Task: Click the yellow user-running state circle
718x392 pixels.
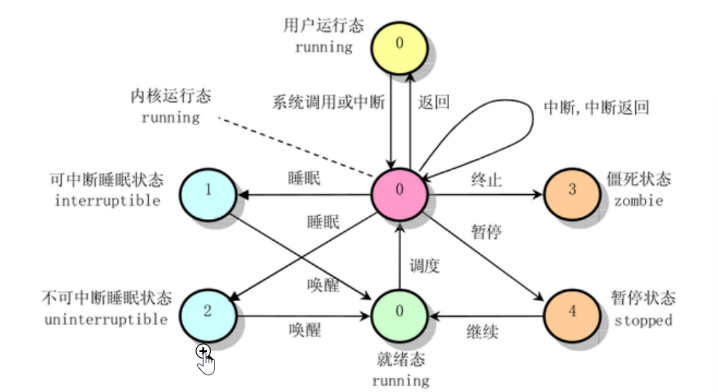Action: [x=399, y=48]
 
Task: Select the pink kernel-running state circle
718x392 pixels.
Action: [x=399, y=194]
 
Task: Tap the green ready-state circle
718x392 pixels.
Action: [x=399, y=316]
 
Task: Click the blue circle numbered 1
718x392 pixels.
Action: [x=209, y=195]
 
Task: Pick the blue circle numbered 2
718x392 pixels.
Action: [x=209, y=316]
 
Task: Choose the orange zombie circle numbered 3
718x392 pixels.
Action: [x=572, y=194]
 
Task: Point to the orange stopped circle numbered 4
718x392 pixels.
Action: [x=572, y=316]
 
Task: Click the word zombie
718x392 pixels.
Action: [x=638, y=201]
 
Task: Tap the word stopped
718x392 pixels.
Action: [x=643, y=321]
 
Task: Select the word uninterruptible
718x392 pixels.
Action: [x=106, y=319]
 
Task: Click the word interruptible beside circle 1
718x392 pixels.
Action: [x=108, y=200]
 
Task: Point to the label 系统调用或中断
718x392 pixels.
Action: [x=328, y=102]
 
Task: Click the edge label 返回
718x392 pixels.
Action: [x=433, y=102]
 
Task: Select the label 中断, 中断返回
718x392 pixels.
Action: [x=596, y=108]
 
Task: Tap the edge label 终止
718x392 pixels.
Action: [x=486, y=179]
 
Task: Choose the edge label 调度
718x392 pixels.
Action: [x=424, y=265]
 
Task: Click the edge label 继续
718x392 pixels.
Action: [x=482, y=331]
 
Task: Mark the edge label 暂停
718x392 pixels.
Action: [x=486, y=232]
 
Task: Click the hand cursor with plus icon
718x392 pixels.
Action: [x=205, y=359]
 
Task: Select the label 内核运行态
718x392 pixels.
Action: [x=170, y=96]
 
